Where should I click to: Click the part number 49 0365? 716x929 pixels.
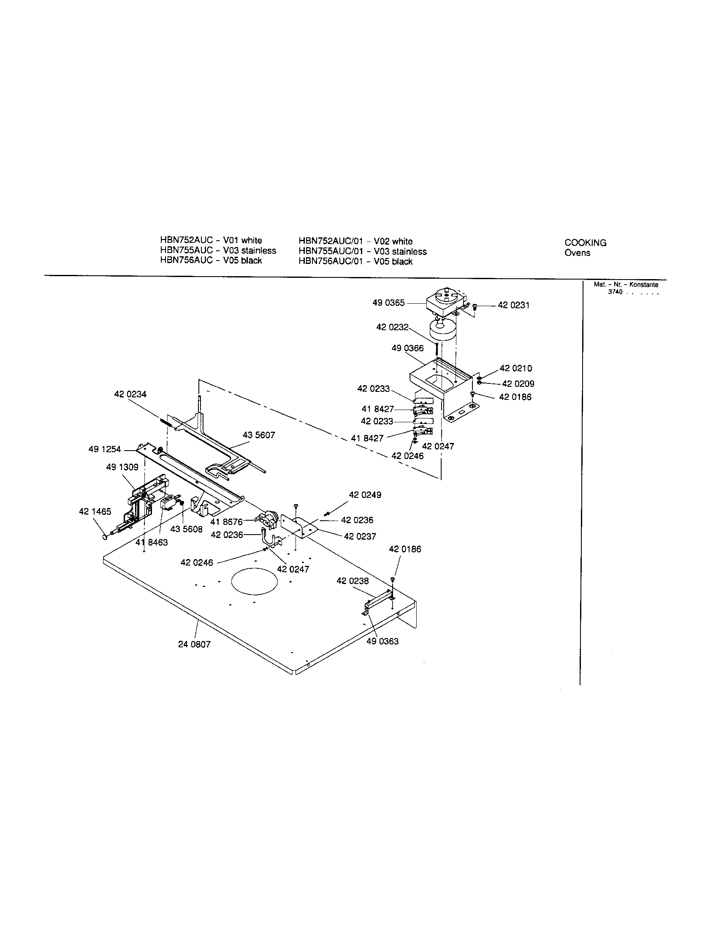tap(389, 303)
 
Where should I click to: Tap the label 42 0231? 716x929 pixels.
tap(514, 305)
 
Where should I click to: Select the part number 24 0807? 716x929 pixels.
tap(194, 644)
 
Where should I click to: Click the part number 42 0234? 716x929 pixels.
tap(130, 394)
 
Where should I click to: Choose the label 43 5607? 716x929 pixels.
tap(259, 435)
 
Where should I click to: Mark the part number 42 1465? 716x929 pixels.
tap(95, 512)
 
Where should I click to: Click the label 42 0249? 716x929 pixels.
tap(365, 495)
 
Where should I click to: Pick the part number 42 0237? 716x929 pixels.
tap(360, 537)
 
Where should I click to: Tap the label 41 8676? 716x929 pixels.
tap(226, 522)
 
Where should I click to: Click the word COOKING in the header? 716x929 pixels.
tap(586, 243)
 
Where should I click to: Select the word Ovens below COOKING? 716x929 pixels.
tap(577, 253)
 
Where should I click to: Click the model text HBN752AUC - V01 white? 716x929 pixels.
tap(211, 240)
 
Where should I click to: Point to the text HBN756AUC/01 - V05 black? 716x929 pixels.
tap(355, 262)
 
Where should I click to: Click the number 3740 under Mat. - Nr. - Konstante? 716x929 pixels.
tap(615, 292)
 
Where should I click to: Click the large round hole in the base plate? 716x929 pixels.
tap(254, 581)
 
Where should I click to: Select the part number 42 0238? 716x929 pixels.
tap(353, 581)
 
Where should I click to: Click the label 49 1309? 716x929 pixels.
tap(122, 467)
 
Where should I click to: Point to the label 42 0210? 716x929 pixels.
tap(516, 368)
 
